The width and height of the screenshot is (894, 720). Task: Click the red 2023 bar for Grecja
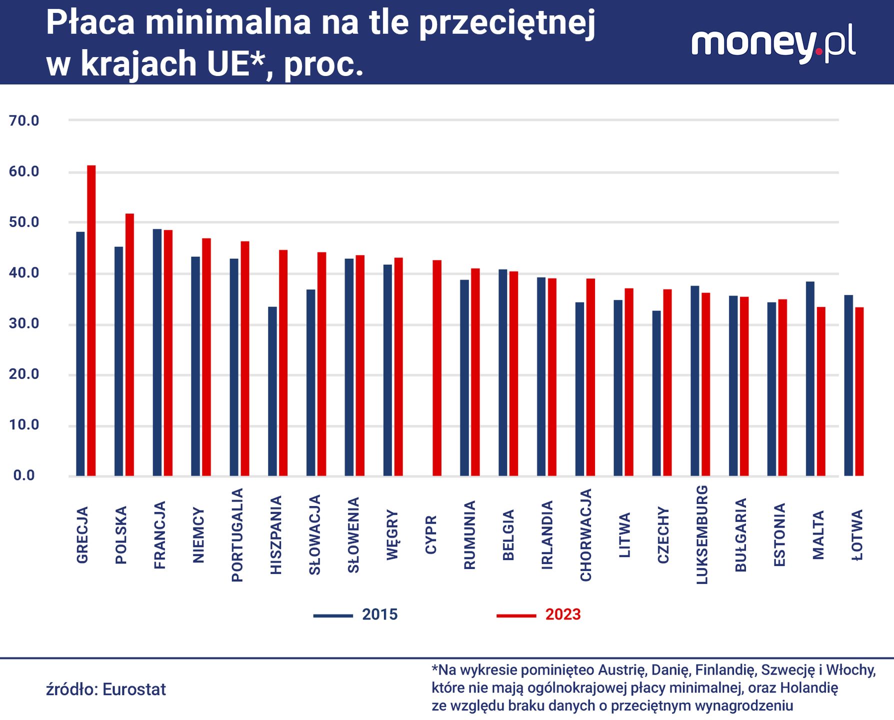pos(91,320)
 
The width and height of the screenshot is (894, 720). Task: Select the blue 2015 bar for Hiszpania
pos(272,391)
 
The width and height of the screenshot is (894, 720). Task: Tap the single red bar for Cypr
pos(437,368)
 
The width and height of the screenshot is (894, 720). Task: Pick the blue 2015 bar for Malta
pos(810,378)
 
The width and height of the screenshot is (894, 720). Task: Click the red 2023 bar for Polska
pos(130,344)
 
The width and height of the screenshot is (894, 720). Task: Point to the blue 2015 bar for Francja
pos(157,352)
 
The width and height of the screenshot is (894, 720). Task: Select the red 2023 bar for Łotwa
pos(859,391)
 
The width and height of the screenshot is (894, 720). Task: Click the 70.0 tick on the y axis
pos(24,120)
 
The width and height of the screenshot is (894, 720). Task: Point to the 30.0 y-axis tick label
pos(24,323)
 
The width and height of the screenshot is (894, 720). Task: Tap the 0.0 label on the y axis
pos(24,475)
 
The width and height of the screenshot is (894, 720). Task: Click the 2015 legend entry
pos(355,614)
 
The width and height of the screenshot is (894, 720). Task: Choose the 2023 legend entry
pos(538,614)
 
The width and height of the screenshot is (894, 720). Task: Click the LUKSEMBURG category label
pos(702,534)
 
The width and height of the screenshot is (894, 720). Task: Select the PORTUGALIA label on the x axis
pos(237,535)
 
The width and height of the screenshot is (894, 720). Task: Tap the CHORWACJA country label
pos(585,535)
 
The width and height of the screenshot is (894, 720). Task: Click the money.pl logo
pos(773,44)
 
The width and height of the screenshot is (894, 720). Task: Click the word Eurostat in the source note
pos(134,689)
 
